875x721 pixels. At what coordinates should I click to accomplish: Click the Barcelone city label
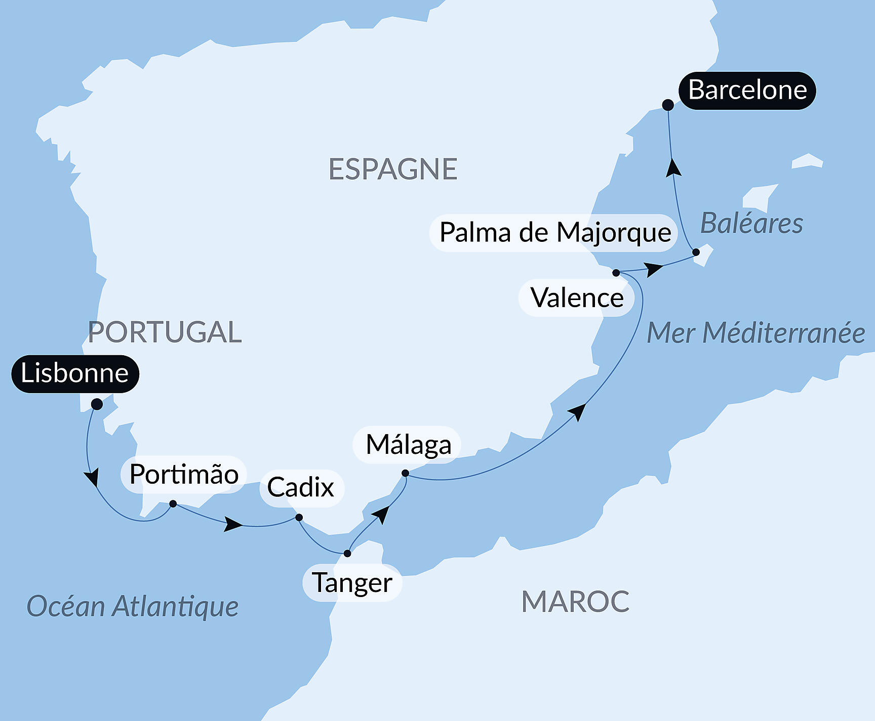click(747, 91)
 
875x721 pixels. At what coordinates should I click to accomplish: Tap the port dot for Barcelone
click(668, 105)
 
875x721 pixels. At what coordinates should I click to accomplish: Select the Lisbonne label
click(75, 373)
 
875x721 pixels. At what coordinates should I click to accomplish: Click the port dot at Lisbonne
click(97, 404)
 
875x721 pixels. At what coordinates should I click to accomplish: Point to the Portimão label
click(184, 475)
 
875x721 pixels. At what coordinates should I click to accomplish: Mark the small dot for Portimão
click(173, 504)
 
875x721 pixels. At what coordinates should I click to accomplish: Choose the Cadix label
click(301, 488)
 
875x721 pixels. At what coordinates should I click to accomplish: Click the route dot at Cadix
click(299, 518)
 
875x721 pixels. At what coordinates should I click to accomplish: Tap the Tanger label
click(352, 583)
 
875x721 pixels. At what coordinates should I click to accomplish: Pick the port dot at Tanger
click(347, 554)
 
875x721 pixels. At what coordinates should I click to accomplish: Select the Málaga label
click(408, 445)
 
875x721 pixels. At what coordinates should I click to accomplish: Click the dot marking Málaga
click(405, 474)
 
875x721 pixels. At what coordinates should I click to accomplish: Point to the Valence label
click(577, 298)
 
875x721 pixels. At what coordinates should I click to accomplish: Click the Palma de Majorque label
click(555, 233)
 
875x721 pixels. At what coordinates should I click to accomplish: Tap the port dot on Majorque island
click(696, 252)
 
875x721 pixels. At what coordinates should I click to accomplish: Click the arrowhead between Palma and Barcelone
click(673, 167)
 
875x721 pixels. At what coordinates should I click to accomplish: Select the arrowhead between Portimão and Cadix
click(233, 525)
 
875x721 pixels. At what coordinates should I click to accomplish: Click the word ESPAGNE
click(393, 169)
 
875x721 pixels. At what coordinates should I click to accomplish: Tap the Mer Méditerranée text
click(756, 333)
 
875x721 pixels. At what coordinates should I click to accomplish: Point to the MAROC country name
click(575, 602)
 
